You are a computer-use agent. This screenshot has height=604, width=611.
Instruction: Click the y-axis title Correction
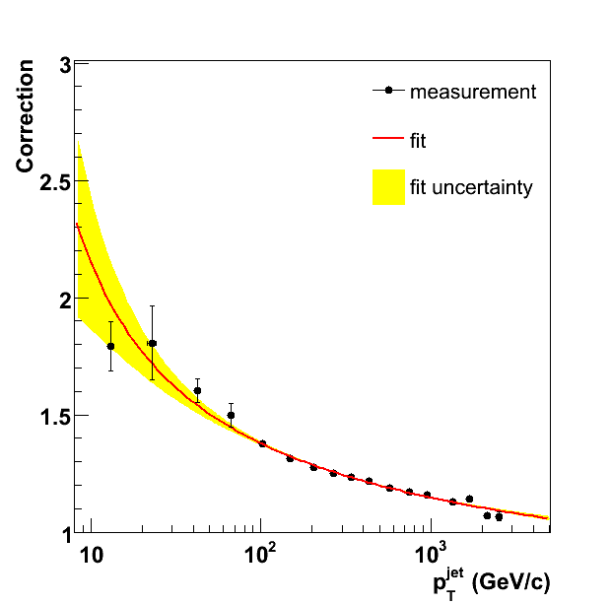click(x=26, y=116)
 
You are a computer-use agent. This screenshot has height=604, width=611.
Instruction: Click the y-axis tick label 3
click(x=64, y=66)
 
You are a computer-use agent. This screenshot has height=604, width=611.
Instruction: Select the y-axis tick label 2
click(x=64, y=300)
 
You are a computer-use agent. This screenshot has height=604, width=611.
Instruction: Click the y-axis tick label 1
click(x=64, y=532)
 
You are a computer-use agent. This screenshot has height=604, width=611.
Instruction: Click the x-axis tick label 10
click(x=90, y=555)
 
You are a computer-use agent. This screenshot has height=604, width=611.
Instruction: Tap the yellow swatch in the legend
click(x=389, y=187)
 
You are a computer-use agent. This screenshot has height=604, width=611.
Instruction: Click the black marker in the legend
click(x=389, y=91)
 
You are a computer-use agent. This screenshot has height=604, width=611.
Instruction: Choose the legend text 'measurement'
click(x=473, y=92)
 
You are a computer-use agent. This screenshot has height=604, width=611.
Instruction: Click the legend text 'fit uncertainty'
click(x=471, y=187)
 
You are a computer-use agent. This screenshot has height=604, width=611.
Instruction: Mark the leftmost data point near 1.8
click(x=110, y=346)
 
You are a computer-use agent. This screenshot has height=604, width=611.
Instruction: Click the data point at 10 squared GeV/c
click(x=262, y=443)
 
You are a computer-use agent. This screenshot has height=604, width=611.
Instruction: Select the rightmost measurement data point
click(x=499, y=516)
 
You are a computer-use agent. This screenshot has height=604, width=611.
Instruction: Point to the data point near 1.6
click(x=197, y=391)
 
